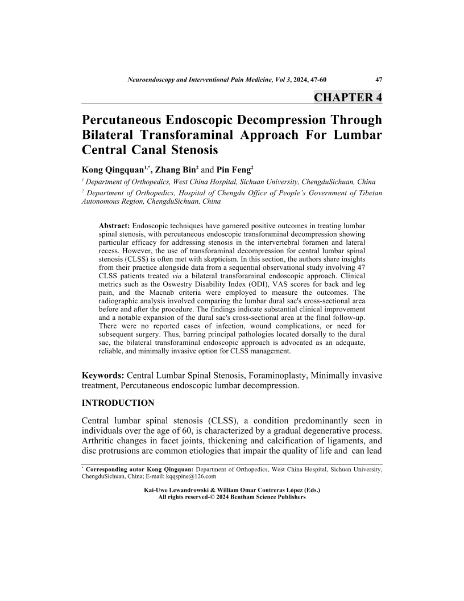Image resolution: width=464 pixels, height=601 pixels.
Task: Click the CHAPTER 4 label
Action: (347, 97)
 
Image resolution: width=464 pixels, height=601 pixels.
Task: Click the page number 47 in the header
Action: (378, 80)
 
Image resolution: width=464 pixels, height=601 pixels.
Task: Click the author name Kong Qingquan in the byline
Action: (113, 170)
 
